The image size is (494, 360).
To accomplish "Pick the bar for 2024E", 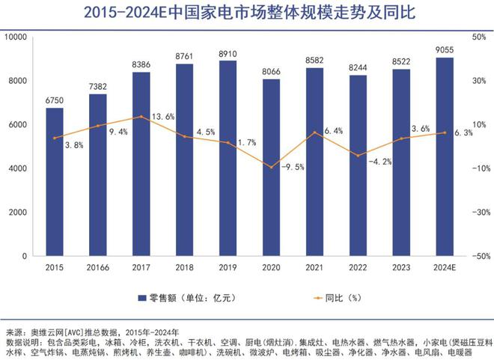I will click(x=444, y=156).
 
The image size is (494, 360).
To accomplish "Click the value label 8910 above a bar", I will click(x=228, y=54).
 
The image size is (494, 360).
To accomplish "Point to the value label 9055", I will click(x=444, y=50).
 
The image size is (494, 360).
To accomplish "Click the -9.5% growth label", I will click(x=292, y=167).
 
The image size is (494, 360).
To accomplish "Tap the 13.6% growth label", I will click(x=162, y=117).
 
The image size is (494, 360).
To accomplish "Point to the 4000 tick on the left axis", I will click(x=18, y=168).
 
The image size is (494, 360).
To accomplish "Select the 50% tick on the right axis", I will click(x=480, y=37).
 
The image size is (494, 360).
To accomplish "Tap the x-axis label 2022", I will click(x=358, y=267).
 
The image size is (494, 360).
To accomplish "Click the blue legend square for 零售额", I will click(x=141, y=299).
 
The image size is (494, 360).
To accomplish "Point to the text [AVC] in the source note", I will click(x=79, y=332).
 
